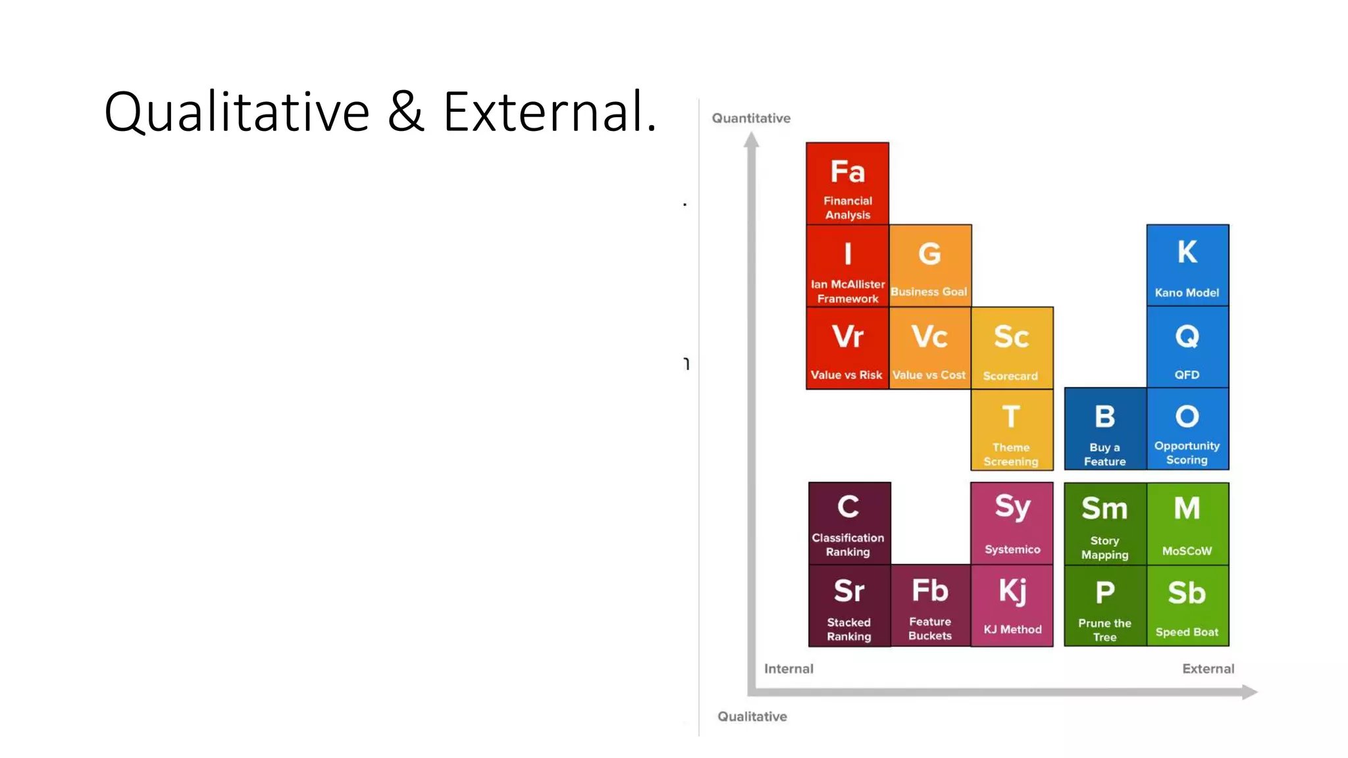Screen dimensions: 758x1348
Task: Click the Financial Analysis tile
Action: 847,184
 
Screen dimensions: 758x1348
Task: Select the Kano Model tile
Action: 1187,265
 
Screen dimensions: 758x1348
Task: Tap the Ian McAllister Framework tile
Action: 847,266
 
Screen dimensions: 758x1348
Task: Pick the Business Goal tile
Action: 929,266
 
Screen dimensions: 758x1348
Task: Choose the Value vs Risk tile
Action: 847,348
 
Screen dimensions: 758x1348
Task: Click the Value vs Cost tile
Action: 929,348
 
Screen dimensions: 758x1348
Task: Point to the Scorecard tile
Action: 1012,348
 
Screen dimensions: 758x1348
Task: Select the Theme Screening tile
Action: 1012,430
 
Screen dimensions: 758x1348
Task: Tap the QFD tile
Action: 1187,347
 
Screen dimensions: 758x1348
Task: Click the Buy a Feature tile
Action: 1105,429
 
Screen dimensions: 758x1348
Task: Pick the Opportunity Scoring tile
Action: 1187,429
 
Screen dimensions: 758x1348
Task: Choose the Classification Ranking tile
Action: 849,523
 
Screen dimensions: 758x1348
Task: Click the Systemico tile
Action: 1012,523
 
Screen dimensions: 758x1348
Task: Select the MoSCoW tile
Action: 1187,524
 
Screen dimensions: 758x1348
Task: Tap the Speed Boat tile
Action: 1187,605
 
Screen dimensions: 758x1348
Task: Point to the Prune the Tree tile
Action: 1105,605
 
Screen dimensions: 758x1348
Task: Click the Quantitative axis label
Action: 751,118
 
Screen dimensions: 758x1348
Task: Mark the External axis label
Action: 1208,669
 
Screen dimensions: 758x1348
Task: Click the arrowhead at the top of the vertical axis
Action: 751,139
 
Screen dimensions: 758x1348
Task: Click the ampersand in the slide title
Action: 405,112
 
